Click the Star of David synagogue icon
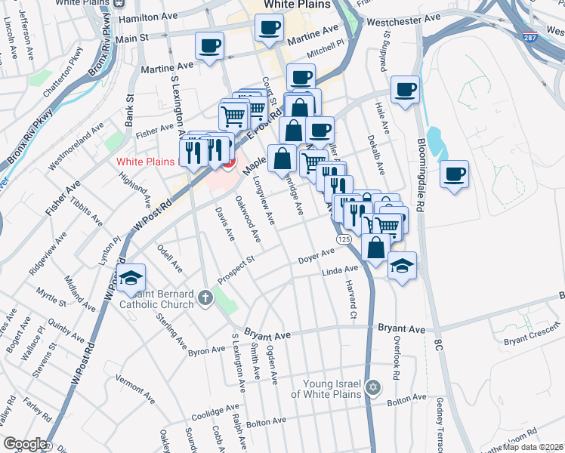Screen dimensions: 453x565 [x=371, y=388]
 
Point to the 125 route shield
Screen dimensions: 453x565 [x=344, y=239]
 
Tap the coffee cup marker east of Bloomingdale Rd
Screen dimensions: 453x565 [x=454, y=174]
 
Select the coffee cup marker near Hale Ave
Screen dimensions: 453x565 [x=405, y=90]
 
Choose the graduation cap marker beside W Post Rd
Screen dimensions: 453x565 [x=131, y=278]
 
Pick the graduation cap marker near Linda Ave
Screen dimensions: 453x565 [x=403, y=265]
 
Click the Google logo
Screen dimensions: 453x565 [x=25, y=444]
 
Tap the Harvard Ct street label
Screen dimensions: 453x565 [x=351, y=297]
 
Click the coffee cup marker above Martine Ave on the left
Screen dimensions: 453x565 [x=208, y=45]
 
